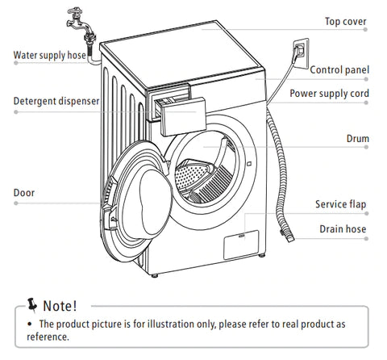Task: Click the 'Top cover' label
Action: coord(346,22)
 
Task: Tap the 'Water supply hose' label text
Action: coord(50,55)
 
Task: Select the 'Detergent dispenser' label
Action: coord(56,101)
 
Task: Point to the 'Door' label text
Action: coord(24,193)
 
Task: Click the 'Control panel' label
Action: coord(339,70)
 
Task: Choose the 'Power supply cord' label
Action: coord(329,94)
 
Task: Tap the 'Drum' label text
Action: coord(358,139)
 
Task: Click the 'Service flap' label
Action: coord(341,204)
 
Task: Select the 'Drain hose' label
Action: coord(343,229)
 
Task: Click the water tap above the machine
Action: coord(78,23)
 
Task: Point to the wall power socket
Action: coord(301,53)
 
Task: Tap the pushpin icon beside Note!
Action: coord(31,305)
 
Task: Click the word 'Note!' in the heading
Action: coord(60,306)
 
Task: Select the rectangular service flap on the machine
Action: coord(241,245)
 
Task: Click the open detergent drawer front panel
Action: coord(184,117)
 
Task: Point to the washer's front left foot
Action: coord(154,275)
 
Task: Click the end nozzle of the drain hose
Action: coord(289,237)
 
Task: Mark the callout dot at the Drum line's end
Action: coord(366,147)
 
